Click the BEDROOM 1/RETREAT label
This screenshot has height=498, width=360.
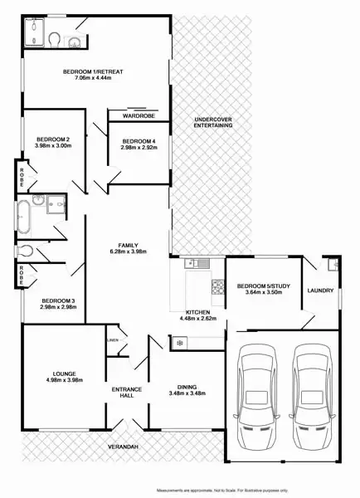coord(93,72)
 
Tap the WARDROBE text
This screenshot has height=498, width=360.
coord(138,117)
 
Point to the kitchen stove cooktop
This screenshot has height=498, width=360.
coord(218,286)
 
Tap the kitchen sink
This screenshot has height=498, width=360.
coord(196,264)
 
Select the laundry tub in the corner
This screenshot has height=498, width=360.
coord(333,266)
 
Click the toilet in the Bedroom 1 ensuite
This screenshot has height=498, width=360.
coord(55,40)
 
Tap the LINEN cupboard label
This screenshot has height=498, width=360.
coord(112,339)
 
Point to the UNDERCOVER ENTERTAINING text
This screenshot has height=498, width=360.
coord(213,123)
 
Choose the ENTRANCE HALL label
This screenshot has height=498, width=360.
coord(127,393)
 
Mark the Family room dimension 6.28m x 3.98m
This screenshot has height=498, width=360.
coord(128,253)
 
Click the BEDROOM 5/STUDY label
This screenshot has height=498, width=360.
coord(264,286)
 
